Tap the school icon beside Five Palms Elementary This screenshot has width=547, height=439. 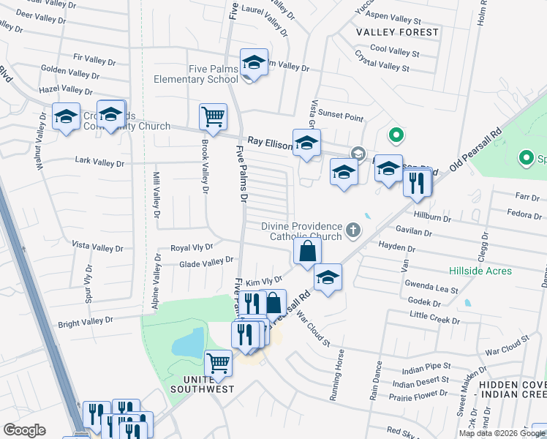[254, 63]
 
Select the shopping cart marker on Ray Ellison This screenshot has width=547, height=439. [213, 116]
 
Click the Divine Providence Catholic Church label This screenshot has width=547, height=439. [302, 231]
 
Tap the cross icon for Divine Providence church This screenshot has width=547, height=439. [352, 231]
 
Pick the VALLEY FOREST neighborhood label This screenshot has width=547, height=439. [398, 32]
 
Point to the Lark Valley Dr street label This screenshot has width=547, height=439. [99, 162]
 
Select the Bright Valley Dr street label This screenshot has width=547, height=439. [86, 321]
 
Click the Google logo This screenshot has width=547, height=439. [24, 430]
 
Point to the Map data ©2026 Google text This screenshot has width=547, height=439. [501, 433]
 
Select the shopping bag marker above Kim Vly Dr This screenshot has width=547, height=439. [308, 252]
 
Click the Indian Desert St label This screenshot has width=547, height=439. [420, 382]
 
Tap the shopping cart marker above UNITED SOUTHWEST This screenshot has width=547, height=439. [218, 362]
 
